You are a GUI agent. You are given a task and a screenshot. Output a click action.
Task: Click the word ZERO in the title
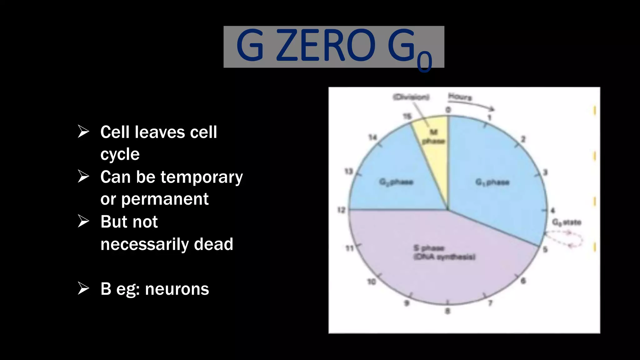325,46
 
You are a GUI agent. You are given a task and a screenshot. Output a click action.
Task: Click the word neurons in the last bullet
177,289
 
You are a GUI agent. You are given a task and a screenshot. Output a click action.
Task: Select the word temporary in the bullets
202,177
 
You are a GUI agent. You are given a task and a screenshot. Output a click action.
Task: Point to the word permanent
165,199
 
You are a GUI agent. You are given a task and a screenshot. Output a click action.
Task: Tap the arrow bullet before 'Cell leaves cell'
83,132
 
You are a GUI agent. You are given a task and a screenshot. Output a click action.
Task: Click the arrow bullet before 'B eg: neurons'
83,288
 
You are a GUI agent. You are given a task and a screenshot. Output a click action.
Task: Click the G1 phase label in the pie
492,182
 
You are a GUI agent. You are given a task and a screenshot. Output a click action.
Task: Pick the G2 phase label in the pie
396,182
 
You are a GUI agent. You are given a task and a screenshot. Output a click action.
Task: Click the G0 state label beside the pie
567,222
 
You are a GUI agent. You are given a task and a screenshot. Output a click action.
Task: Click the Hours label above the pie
460,97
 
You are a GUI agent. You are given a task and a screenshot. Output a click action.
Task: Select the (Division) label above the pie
411,97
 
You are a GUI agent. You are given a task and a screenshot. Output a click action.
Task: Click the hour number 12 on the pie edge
341,210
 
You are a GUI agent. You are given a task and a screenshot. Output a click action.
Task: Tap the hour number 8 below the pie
447,311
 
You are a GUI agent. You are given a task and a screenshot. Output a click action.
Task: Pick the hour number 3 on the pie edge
545,172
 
